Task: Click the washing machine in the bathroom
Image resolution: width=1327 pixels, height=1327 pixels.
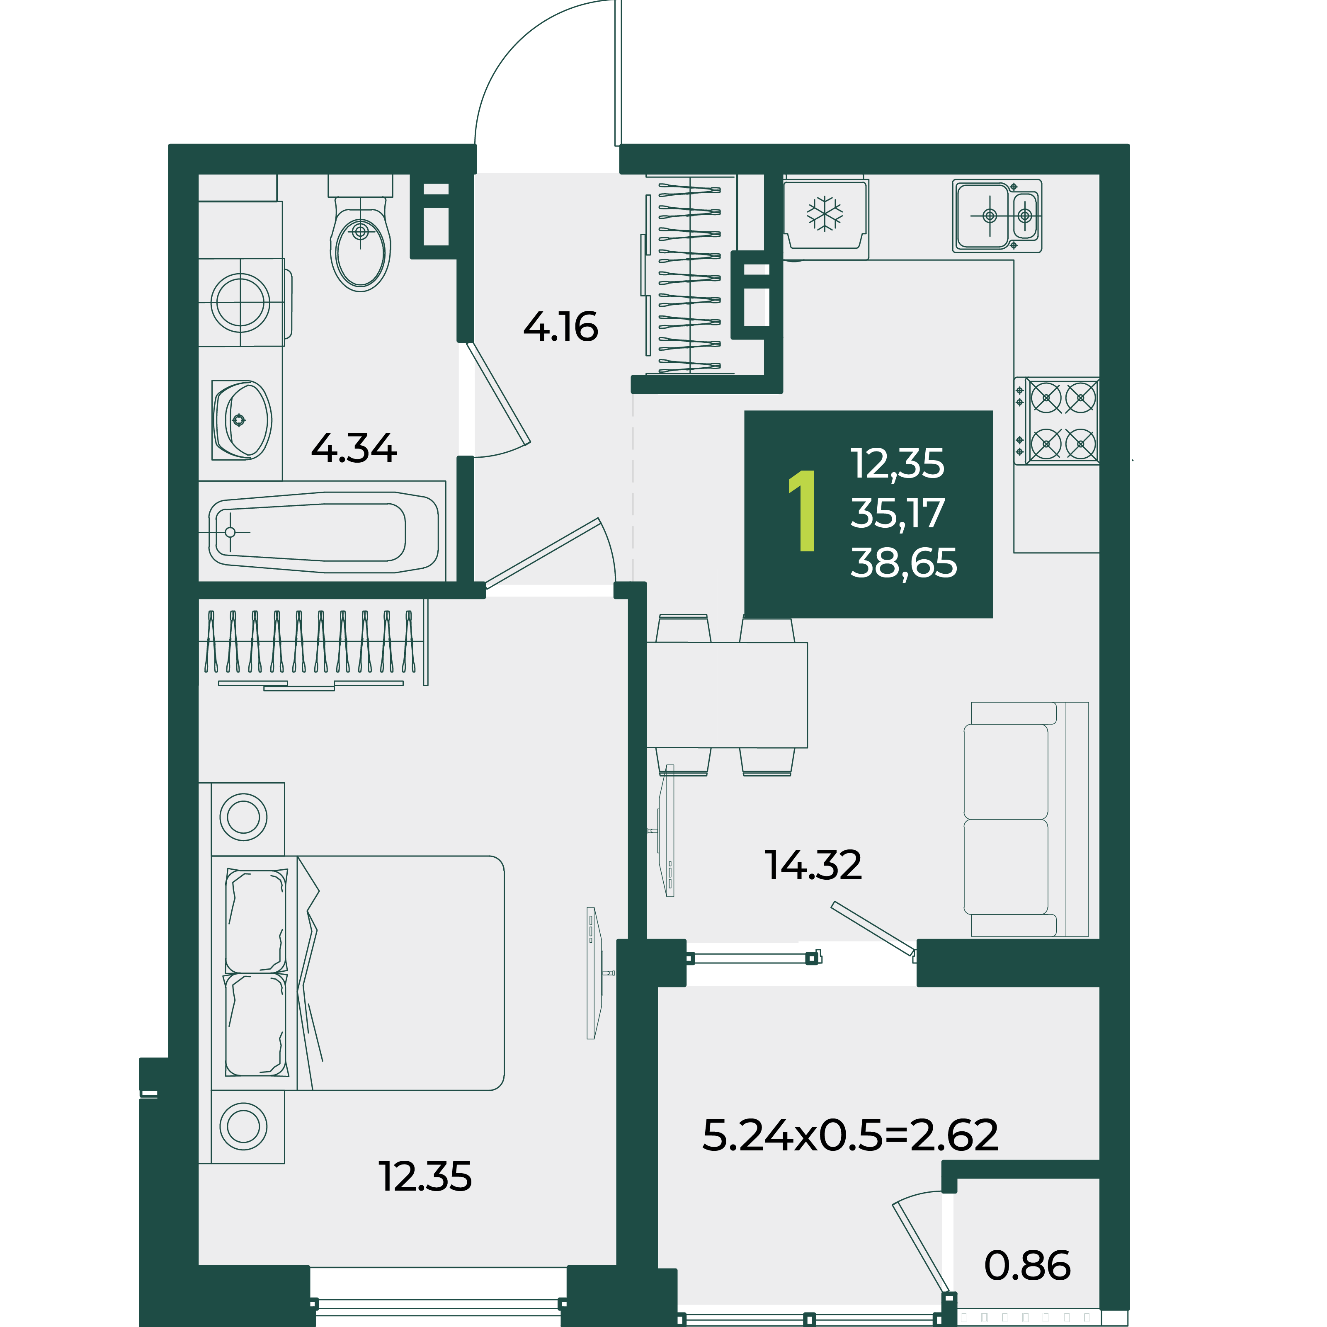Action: (x=242, y=302)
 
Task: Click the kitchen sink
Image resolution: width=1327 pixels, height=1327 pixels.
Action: (x=997, y=216)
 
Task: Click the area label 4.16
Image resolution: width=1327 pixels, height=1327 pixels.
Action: (x=560, y=327)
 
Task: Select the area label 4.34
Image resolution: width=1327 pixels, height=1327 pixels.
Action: (x=354, y=449)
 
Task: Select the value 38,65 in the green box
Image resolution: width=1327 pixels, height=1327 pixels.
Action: (x=904, y=563)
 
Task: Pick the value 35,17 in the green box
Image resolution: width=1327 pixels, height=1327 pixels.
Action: (x=898, y=514)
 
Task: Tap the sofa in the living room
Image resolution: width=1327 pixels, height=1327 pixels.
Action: (x=1026, y=820)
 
